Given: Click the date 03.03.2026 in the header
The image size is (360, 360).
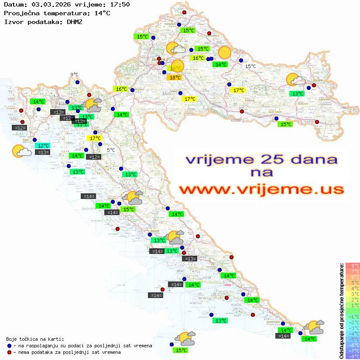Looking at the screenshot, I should click(x=51, y=5).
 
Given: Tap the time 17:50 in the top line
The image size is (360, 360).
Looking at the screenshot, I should click(x=120, y=5).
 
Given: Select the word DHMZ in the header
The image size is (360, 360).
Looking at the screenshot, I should click(x=74, y=21).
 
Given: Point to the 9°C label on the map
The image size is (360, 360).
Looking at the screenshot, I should click(x=74, y=75).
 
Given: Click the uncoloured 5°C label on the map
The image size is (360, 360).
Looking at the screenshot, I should click(x=111, y=150).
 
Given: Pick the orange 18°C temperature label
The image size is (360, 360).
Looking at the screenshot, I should click(x=175, y=78).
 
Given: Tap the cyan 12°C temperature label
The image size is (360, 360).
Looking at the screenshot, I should click(x=44, y=146).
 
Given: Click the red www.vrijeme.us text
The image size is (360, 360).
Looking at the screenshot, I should click(x=261, y=189).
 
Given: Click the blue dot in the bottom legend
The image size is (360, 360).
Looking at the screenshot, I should click(x=10, y=346).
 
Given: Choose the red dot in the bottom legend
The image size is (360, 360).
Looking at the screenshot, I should click(x=10, y=352).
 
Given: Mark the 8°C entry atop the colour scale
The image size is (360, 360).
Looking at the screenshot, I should click(x=352, y=265).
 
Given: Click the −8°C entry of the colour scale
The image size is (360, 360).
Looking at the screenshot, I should click(x=352, y=356).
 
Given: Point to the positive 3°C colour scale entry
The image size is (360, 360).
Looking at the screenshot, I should click(x=352, y=294).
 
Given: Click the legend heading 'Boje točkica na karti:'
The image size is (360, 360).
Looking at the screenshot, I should click(x=35, y=339).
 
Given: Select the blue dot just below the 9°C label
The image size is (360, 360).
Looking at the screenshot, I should click(x=77, y=82).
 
